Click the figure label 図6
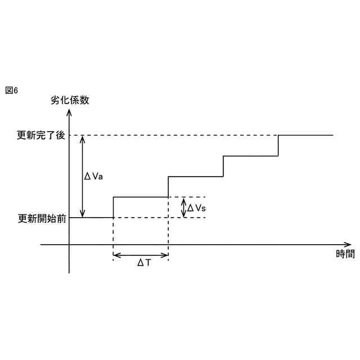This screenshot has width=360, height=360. click(11, 91)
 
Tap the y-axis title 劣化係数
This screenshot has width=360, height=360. click(70, 101)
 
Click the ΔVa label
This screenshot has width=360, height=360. click(93, 176)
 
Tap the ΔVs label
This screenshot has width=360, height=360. click(197, 208)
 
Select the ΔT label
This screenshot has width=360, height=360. click(144, 263)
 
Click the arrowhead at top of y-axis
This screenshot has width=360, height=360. click(69, 111)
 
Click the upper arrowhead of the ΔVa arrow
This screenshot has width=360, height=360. click(83, 139)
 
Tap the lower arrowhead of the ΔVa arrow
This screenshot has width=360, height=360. click(83, 214)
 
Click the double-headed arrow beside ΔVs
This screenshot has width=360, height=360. click(183, 208)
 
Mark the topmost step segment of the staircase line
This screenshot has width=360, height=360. click(306, 135)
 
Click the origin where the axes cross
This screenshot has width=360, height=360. click(69, 245)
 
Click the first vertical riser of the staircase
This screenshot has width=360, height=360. click(114, 207)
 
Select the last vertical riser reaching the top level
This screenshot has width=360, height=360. click(278, 146)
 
